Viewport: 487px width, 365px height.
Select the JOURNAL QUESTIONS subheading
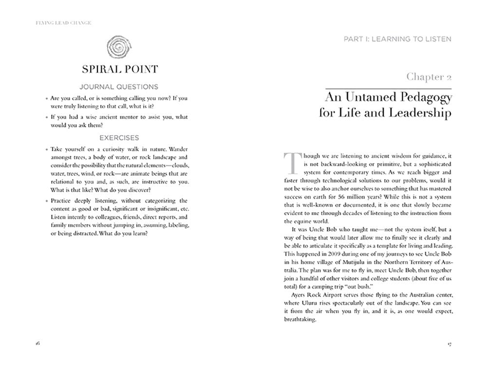(118, 87)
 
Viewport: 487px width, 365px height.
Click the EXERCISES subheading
(118, 138)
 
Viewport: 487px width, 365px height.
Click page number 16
(37, 343)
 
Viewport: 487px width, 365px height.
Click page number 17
(450, 343)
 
